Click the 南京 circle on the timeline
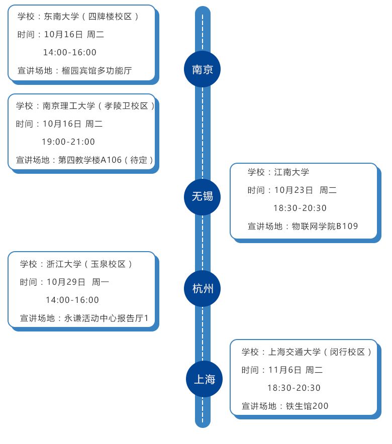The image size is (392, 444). (x=203, y=69)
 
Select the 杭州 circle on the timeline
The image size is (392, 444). (x=203, y=289)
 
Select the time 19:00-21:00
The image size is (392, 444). (x=68, y=142)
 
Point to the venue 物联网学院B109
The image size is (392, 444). (x=325, y=227)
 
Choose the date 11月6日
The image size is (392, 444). (x=284, y=370)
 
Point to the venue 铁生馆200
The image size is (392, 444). (x=307, y=406)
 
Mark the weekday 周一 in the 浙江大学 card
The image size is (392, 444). (x=101, y=282)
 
